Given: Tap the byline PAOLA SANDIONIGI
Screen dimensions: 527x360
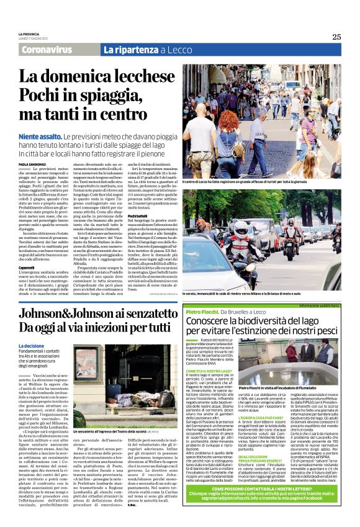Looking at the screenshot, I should [31, 164].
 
